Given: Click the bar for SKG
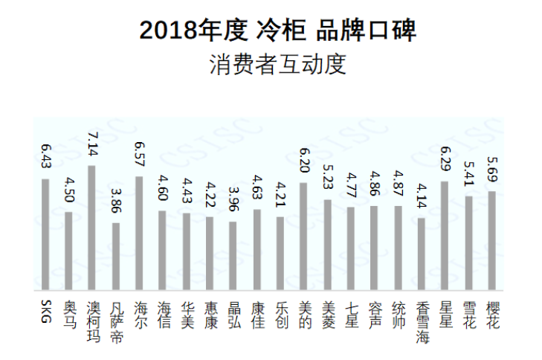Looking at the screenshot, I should coord(45,234).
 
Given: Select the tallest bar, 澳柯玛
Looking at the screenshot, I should coord(92,227).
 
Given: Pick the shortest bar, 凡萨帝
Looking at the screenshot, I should coord(115,256).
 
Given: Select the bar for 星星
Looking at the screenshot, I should coord(445,235).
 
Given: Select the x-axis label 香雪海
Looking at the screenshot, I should coord(422,321).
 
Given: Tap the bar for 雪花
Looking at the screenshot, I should coord(468,242).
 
